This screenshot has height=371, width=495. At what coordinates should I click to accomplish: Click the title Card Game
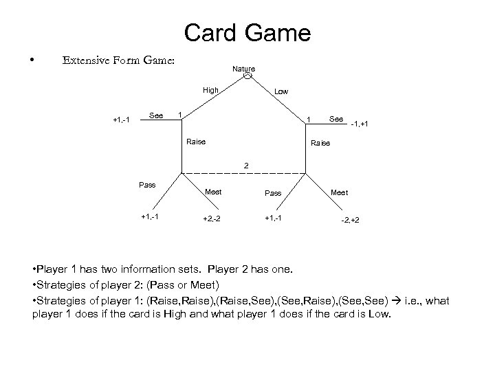coord(247,32)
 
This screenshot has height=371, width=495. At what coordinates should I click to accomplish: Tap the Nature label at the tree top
coord(243,69)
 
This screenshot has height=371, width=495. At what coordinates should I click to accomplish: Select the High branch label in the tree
coord(210,90)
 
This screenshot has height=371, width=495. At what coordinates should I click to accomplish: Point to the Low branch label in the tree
coord(282,91)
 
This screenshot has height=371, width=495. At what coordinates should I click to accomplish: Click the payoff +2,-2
coord(211,218)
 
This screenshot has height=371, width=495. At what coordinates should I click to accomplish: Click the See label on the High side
coord(156,115)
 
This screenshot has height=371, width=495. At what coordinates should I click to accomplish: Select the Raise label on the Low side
coord(320,144)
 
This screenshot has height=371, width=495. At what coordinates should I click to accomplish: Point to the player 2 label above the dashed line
coord(245,165)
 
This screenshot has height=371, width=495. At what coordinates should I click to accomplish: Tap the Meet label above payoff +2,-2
coord(213,192)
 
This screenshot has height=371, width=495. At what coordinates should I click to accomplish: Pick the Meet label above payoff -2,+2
coord(339,192)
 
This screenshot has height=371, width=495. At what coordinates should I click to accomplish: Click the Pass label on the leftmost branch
coord(147,185)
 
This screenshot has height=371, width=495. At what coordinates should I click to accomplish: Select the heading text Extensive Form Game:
coord(118,60)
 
